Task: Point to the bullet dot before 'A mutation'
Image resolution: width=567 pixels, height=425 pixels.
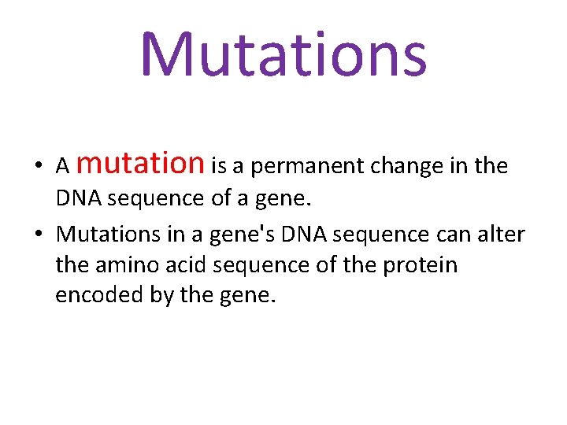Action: [38, 167]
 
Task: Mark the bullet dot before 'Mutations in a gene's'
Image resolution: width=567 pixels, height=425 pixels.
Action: [38, 235]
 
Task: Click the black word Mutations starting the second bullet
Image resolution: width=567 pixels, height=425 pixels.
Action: [106, 234]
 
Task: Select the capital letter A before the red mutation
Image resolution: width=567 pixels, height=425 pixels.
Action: [63, 167]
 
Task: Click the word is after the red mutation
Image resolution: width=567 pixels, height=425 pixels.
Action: [219, 166]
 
